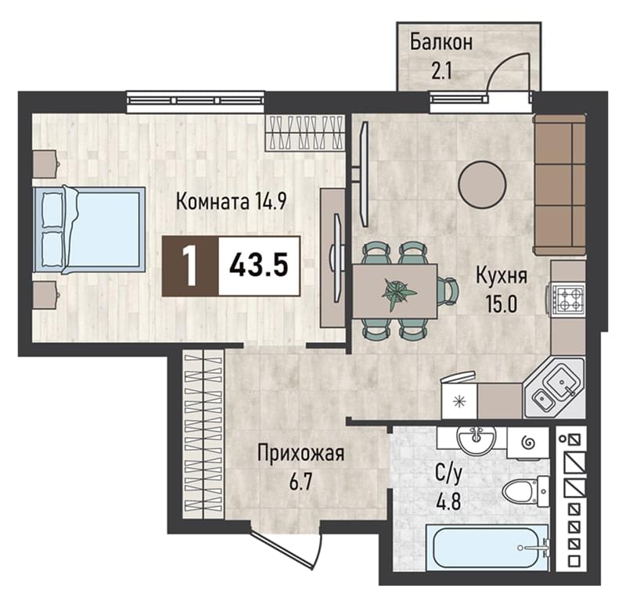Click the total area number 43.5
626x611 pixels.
259,265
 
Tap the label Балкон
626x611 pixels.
441,42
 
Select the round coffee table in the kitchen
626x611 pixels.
482,185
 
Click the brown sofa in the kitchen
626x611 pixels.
559,185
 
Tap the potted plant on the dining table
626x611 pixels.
398,294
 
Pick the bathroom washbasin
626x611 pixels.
477,439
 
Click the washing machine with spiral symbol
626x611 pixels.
527,443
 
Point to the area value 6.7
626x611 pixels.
300,483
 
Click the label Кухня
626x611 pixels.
502,275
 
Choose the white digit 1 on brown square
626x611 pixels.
190,265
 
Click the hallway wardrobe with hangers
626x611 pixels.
203,434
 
